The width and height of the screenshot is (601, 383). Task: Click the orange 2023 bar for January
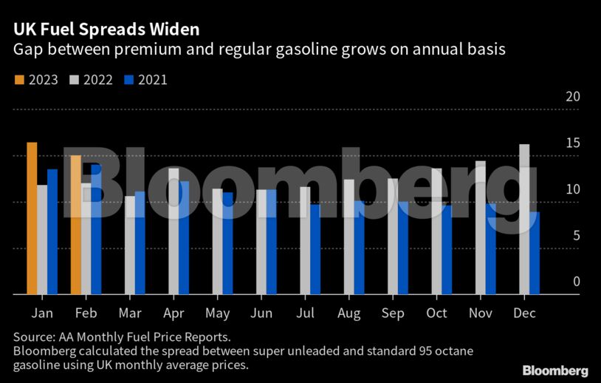tap(32, 218)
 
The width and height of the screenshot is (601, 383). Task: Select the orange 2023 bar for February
tap(75, 225)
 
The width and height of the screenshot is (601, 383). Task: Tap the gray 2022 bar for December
tap(524, 219)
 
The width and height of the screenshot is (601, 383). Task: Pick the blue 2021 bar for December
tap(535, 253)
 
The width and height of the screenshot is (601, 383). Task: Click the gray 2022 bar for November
tap(481, 228)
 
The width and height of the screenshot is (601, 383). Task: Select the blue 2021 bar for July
tap(316, 249)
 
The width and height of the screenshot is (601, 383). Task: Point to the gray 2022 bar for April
tap(174, 231)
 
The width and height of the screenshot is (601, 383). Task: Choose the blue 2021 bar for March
tap(140, 243)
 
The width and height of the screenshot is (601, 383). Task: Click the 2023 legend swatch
tap(19, 80)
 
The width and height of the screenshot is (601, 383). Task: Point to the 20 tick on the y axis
tap(572, 97)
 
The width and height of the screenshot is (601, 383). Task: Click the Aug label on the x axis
tap(348, 313)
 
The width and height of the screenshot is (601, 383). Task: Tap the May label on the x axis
tap(217, 313)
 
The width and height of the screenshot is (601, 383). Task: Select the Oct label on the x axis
tap(436, 313)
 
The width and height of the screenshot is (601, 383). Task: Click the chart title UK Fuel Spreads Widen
tap(104, 30)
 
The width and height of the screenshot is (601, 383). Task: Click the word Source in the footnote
tap(33, 336)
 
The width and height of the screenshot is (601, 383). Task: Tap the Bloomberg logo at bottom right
tap(555, 370)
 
